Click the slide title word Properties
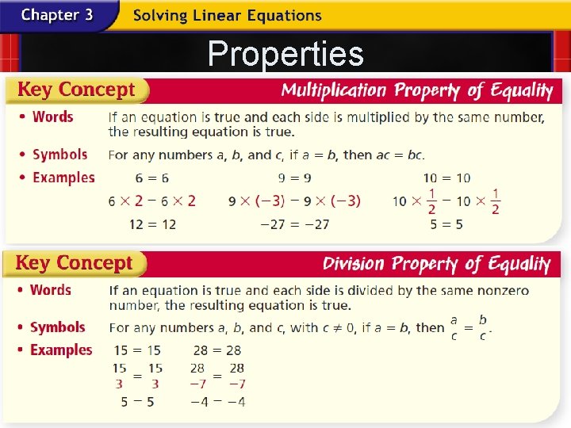pyautogui.click(x=285, y=54)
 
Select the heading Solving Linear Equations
pyautogui.click(x=227, y=15)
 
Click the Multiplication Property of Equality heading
pyautogui.click(x=417, y=90)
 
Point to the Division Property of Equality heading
pyautogui.click(x=436, y=264)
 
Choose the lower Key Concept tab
pyautogui.click(x=75, y=263)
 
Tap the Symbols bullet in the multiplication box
pyautogui.click(x=59, y=155)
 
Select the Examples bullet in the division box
pyautogui.click(x=60, y=350)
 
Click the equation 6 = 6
pyautogui.click(x=152, y=178)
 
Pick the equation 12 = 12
pyautogui.click(x=152, y=225)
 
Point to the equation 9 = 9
pyautogui.click(x=294, y=178)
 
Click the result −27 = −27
pyautogui.click(x=294, y=225)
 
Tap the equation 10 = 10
pyautogui.click(x=446, y=178)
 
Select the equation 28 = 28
pyautogui.click(x=217, y=350)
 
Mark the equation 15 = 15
pyautogui.click(x=137, y=350)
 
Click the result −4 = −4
pyautogui.click(x=217, y=402)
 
